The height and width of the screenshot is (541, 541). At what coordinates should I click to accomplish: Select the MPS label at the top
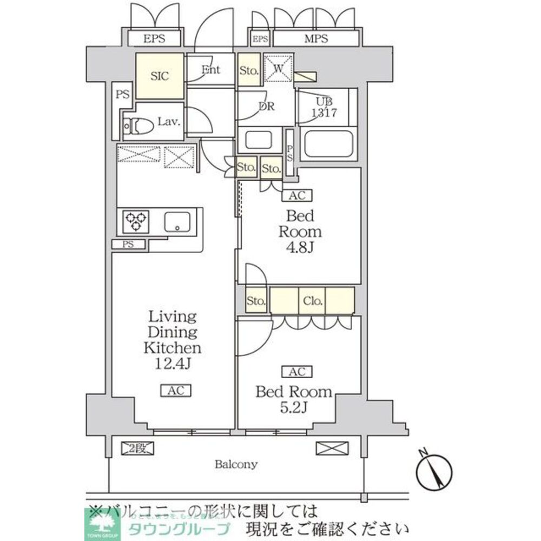point(316,39)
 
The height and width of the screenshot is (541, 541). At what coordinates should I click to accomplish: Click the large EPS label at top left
point(154,39)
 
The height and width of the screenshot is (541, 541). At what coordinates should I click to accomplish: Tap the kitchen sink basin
point(177,221)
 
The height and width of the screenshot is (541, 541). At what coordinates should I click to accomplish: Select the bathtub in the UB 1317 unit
point(328,143)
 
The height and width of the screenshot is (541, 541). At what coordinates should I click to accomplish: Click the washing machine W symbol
point(279,68)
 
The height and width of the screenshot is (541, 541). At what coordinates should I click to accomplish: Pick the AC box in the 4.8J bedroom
point(297,196)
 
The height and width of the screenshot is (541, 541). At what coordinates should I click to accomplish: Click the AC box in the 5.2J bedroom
point(296,371)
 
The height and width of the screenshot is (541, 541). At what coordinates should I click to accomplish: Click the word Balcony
point(236,464)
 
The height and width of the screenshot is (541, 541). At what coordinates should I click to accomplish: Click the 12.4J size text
point(172,363)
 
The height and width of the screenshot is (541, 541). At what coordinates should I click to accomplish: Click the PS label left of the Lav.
point(122,94)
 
